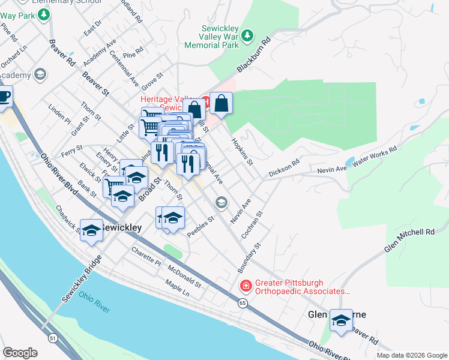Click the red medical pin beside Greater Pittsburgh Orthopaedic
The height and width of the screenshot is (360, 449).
[245, 285]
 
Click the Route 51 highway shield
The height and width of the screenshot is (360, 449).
[53, 338]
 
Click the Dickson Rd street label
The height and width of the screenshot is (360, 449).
[284, 169]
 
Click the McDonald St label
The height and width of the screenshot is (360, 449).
[184, 274]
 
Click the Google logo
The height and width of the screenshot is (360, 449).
[20, 352]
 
